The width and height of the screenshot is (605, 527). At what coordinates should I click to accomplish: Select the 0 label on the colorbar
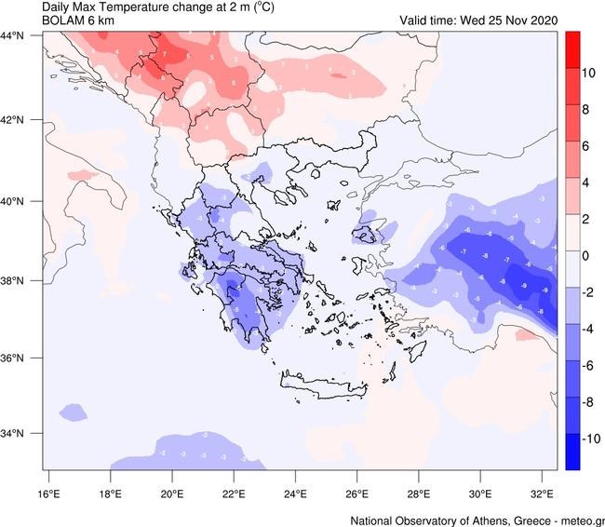[x=587, y=254]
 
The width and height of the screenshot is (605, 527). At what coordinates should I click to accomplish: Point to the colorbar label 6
[x=587, y=145]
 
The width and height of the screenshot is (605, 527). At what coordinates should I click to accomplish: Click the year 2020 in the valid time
[x=540, y=20]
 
